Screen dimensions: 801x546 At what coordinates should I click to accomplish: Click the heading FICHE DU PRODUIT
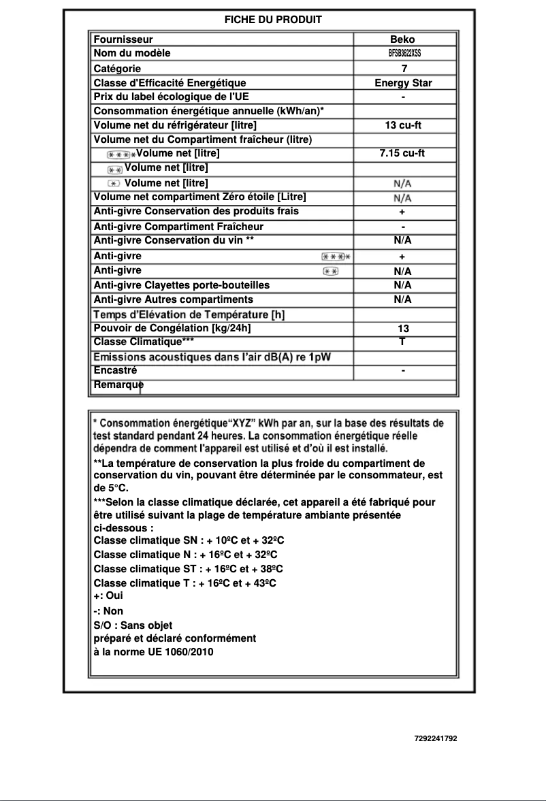(273, 20)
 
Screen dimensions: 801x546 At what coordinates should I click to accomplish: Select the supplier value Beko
(402, 39)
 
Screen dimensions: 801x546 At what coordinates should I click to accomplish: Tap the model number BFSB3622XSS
(404, 53)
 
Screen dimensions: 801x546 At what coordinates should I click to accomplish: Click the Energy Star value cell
(403, 83)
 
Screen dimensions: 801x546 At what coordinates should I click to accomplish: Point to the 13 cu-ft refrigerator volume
(403, 125)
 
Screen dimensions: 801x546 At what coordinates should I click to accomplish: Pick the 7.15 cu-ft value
(402, 153)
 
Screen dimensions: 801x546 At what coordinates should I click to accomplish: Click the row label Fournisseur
(123, 39)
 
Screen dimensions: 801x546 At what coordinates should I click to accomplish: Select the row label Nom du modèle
(132, 53)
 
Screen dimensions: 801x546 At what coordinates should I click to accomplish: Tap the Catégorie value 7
(404, 69)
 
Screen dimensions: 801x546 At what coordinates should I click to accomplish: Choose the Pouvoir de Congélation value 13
(403, 328)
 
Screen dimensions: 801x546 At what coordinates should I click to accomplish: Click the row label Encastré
(115, 371)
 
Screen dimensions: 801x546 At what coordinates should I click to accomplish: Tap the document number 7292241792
(436, 738)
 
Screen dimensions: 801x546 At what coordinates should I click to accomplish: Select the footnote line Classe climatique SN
(189, 540)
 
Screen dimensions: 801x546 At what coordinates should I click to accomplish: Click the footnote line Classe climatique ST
(189, 569)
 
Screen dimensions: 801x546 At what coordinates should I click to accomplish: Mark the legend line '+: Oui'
(108, 595)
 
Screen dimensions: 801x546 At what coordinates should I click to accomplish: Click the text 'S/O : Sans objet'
(133, 625)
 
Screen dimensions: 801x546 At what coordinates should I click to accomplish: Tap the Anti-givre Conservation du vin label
(174, 240)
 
